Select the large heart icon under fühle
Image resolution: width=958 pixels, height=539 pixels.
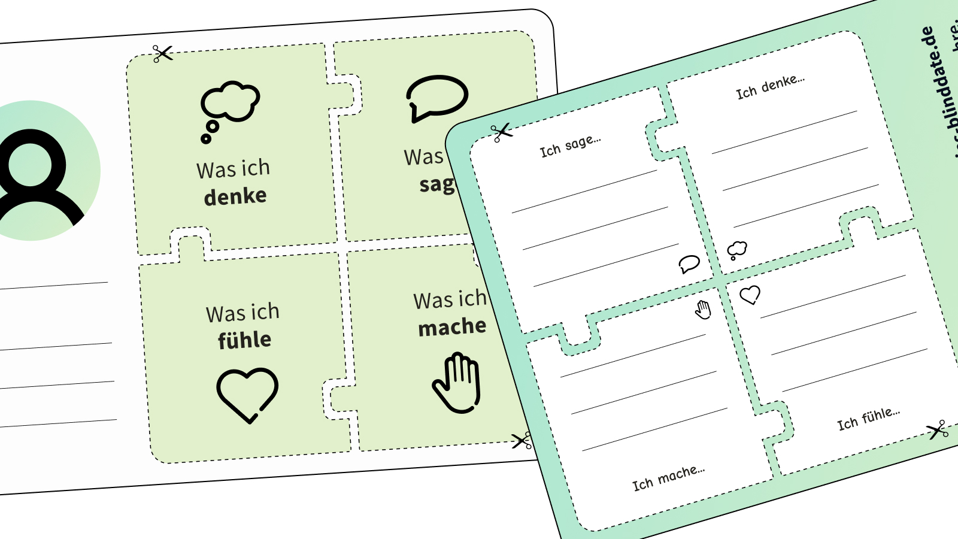pos(247,394)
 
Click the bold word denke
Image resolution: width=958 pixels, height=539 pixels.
pos(235,196)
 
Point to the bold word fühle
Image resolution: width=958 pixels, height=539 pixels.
pos(244,340)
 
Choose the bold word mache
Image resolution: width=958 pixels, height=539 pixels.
pos(452,327)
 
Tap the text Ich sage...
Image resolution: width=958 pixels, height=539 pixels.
pos(570,146)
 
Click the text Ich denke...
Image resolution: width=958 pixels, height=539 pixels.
pos(770,87)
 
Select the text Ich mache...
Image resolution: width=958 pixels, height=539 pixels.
pos(668,477)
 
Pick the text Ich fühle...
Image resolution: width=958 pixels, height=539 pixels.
pos(868,419)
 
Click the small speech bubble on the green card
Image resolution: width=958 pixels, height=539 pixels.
pos(689,264)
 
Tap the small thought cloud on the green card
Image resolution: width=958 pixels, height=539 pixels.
pos(736,249)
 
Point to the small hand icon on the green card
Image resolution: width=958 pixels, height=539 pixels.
pos(703,309)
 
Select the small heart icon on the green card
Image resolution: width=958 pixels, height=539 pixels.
pos(750,295)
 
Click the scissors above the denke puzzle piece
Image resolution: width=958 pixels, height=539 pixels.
pos(162,54)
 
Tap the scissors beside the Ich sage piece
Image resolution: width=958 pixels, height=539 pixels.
pos(501,132)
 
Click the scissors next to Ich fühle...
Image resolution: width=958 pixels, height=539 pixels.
pos(937,429)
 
